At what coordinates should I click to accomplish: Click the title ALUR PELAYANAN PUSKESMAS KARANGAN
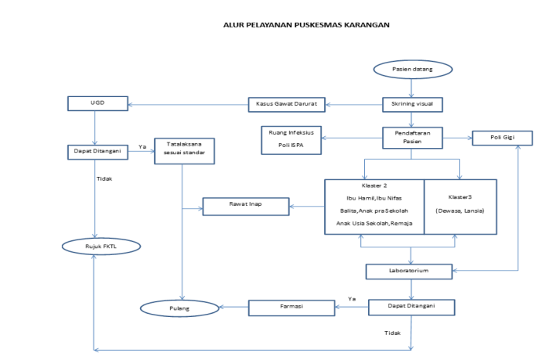[x=306, y=24]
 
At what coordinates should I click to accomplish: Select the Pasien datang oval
[x=412, y=70]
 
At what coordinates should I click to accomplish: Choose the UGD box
[x=95, y=103]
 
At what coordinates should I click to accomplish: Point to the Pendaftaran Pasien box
[x=412, y=138]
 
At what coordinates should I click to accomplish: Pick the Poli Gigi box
[x=502, y=138]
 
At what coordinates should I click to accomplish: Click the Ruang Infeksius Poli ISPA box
[x=291, y=139]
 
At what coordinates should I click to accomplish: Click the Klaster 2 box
[x=374, y=207]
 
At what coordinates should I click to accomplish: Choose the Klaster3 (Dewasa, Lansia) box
[x=460, y=207]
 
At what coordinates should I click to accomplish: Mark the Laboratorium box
[x=409, y=272]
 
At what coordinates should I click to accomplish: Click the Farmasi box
[x=291, y=308]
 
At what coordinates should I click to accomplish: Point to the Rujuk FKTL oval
[x=101, y=247]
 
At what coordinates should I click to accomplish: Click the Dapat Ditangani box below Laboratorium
[x=411, y=307]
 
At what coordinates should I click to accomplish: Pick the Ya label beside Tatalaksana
[x=143, y=146]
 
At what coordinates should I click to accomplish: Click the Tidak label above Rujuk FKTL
[x=104, y=178]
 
